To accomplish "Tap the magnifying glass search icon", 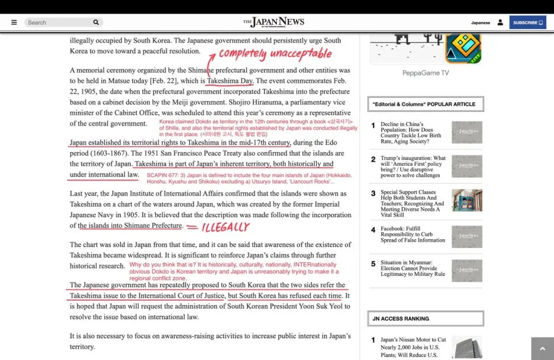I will [x=96, y=22].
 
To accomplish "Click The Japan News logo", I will [x=273, y=22].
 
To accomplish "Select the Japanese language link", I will [x=480, y=22].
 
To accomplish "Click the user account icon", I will [x=500, y=22].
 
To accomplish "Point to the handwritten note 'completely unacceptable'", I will [x=275, y=54].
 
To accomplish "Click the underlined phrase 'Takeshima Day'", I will [x=230, y=81].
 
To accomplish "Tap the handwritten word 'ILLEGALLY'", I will [x=226, y=227].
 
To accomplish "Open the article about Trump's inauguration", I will [x=413, y=167].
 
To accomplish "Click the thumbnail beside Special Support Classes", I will [x=466, y=200].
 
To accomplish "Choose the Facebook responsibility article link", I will [x=413, y=234].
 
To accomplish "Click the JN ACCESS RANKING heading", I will [x=401, y=319].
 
